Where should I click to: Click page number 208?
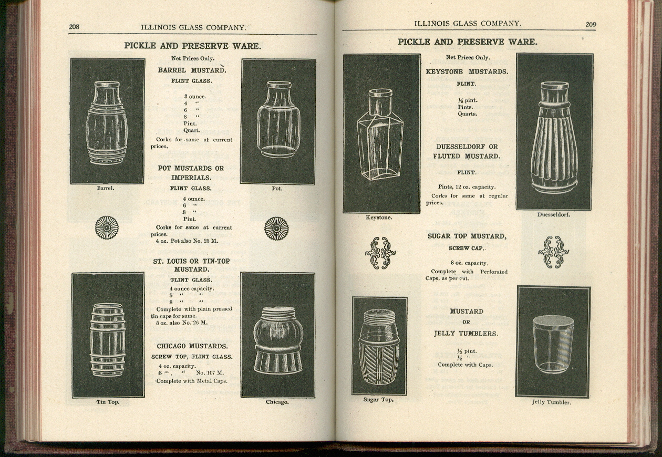coord(74,27)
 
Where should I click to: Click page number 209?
coord(591,24)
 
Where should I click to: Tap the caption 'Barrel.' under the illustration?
coord(106,188)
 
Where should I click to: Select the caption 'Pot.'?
coord(277,189)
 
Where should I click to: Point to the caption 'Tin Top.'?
coord(107,402)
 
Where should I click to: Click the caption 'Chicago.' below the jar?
coord(277,402)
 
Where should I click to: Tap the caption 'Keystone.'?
coord(379,217)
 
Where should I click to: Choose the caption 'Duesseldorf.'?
coord(554,214)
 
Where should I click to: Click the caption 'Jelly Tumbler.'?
coord(551,402)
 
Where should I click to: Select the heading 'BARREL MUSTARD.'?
coord(192,70)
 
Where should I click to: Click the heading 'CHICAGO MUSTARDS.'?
coord(192,347)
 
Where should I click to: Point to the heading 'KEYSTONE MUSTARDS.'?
coord(467,71)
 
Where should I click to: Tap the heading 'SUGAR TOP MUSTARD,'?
coord(467,236)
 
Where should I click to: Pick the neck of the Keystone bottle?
coord(380,102)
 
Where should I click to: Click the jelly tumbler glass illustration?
coord(553,344)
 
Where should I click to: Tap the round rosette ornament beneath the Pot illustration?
coord(276,228)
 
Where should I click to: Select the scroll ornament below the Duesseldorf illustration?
coord(553,252)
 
